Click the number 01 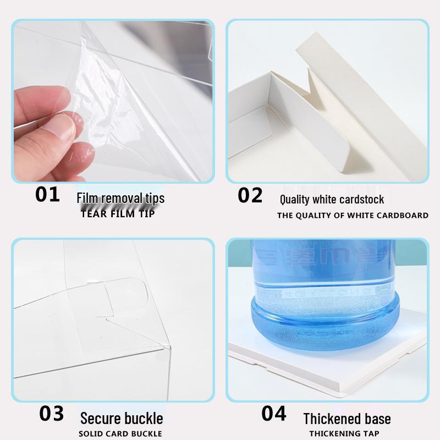click(x=48, y=195)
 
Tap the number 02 click(x=250, y=195)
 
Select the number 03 click(x=52, y=414)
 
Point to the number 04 click(x=274, y=414)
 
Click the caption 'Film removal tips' click(x=120, y=199)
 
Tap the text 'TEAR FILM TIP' click(x=118, y=214)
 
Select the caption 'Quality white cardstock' click(x=332, y=200)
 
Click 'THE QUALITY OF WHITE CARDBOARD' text click(x=353, y=215)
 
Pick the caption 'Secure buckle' click(x=122, y=418)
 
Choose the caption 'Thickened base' click(x=347, y=419)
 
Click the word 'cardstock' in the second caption click(x=360, y=200)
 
